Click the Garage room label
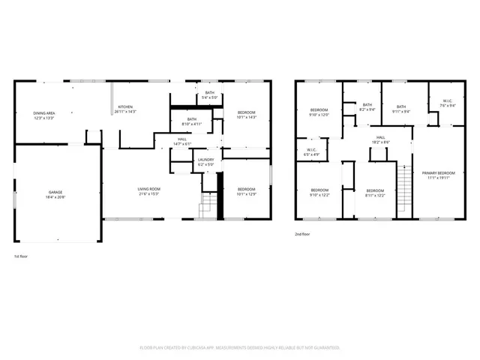(55, 195)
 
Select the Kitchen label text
(126, 109)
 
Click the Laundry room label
(205, 162)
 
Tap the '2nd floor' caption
(302, 234)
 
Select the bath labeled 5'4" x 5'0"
(209, 94)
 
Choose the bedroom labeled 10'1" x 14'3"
(246, 115)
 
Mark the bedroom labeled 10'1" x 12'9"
(246, 191)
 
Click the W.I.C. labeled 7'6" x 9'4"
(446, 103)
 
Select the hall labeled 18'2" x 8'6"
(380, 140)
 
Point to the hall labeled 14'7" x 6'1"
(182, 141)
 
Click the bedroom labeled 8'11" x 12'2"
(375, 193)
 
